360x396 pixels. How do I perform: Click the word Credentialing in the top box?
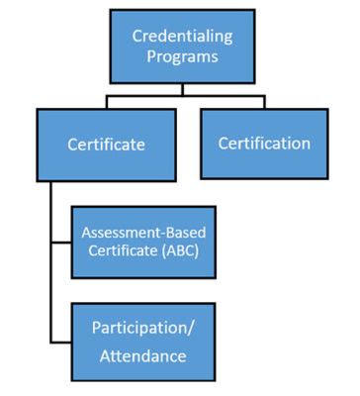[x=183, y=36]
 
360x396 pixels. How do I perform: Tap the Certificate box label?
[x=106, y=145]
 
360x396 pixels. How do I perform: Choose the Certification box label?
[x=264, y=143]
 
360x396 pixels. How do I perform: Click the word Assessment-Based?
[x=144, y=234]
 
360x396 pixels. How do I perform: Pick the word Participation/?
[x=142, y=327]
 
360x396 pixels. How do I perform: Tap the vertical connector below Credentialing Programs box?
[x=182, y=89]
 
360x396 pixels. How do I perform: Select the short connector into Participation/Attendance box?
[x=60, y=341]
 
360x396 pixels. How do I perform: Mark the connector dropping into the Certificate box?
[x=106, y=103]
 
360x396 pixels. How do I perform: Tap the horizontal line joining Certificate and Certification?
[x=183, y=96]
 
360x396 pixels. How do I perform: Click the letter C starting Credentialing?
[x=137, y=36]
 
